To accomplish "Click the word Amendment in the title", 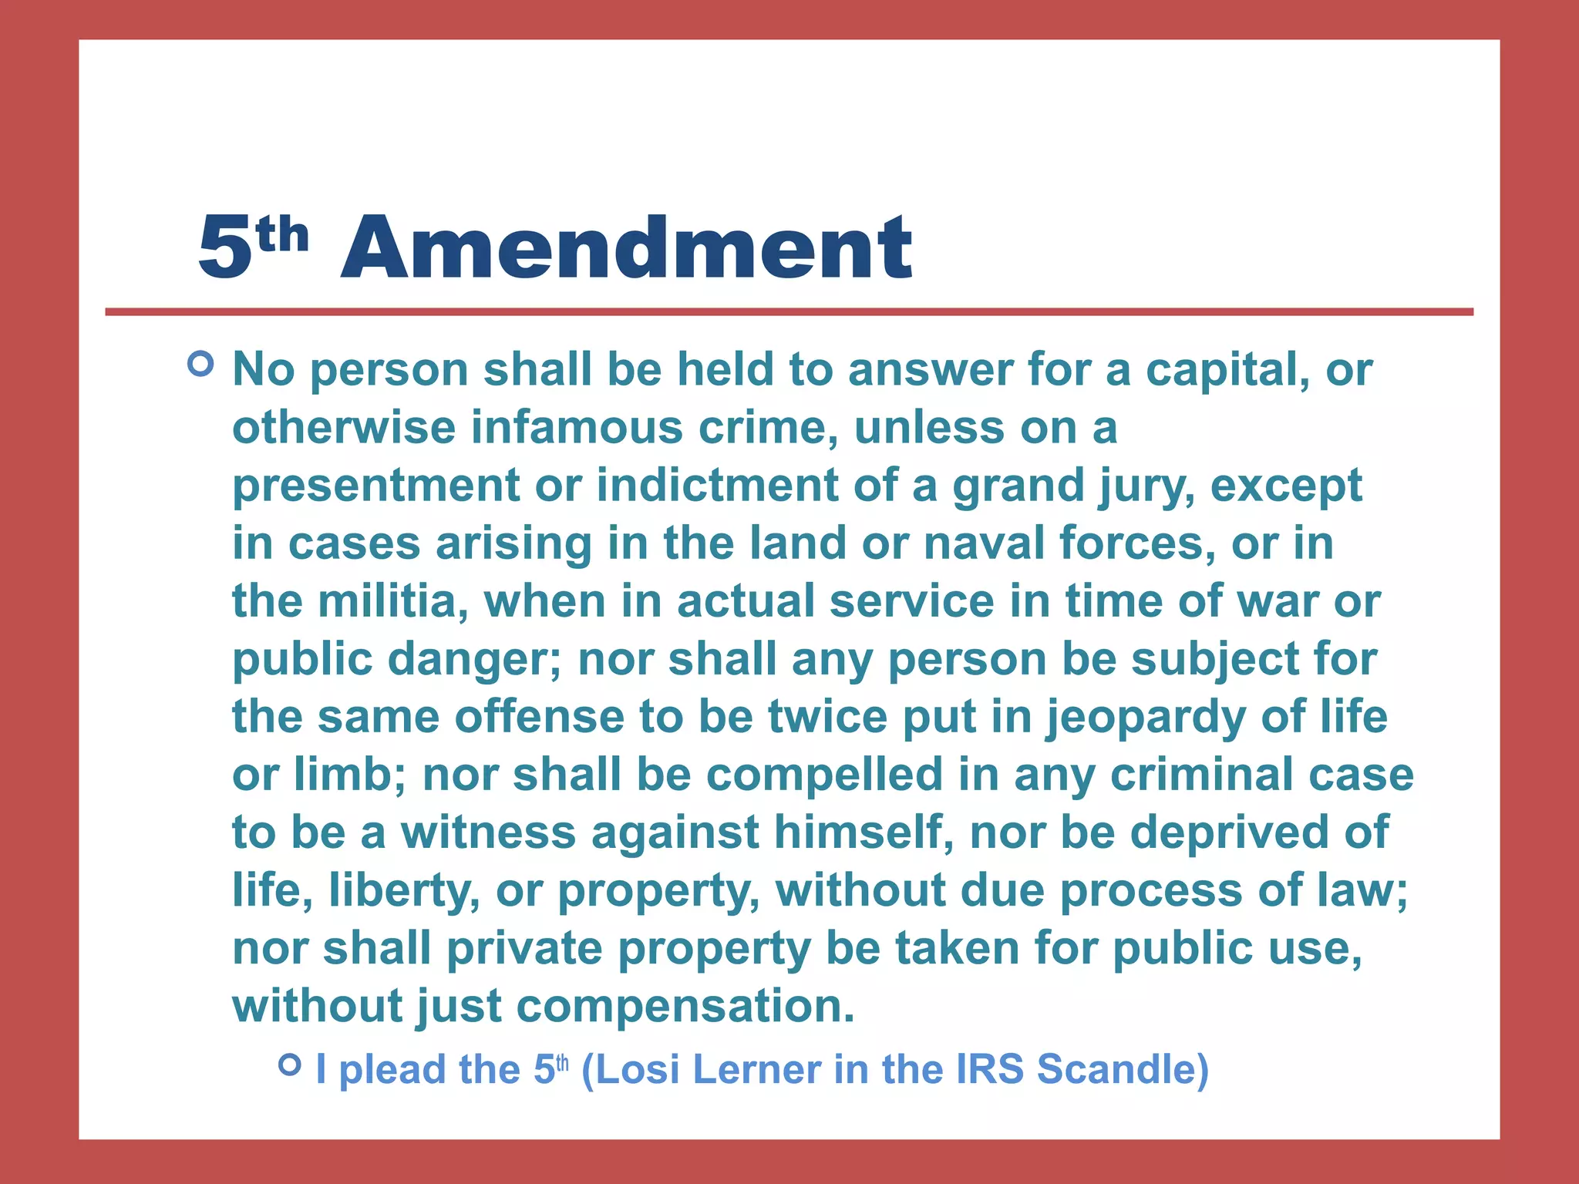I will point(626,248).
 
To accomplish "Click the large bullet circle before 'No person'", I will point(200,363).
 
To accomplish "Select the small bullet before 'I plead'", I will point(289,1065).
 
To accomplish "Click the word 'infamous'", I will point(577,428).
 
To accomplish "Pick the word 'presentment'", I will point(376,486).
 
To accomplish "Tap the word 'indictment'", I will point(717,486).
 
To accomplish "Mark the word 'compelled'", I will point(824,776).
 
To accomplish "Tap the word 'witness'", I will point(488,833).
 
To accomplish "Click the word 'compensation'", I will point(685,1007).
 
